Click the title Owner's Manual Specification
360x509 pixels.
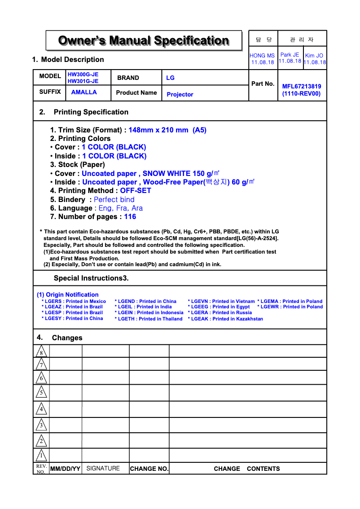pyautogui.click(x=144, y=41)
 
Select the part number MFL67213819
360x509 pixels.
pyautogui.click(x=301, y=87)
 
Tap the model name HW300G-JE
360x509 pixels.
pyautogui.click(x=83, y=75)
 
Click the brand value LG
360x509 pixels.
pyautogui.click(x=170, y=78)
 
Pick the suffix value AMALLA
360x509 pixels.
pyautogui.click(x=84, y=92)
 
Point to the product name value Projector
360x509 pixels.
pyautogui.click(x=180, y=95)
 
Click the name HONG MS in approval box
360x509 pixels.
pyautogui.click(x=262, y=56)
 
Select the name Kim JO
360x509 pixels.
pyautogui.click(x=314, y=56)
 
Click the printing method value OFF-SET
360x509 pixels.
pyautogui.click(x=136, y=191)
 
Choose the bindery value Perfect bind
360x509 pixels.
pyautogui.click(x=114, y=200)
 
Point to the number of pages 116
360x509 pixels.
pyautogui.click(x=130, y=217)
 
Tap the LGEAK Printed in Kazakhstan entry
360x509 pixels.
pyautogui.click(x=225, y=319)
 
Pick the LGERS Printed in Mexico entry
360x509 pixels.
pyautogui.click(x=74, y=302)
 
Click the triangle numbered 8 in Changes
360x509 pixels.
pyautogui.click(x=41, y=351)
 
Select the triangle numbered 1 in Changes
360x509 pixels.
pyautogui.click(x=41, y=456)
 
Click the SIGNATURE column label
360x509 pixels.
pyautogui.click(x=103, y=469)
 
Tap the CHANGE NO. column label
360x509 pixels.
pyautogui.click(x=149, y=469)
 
